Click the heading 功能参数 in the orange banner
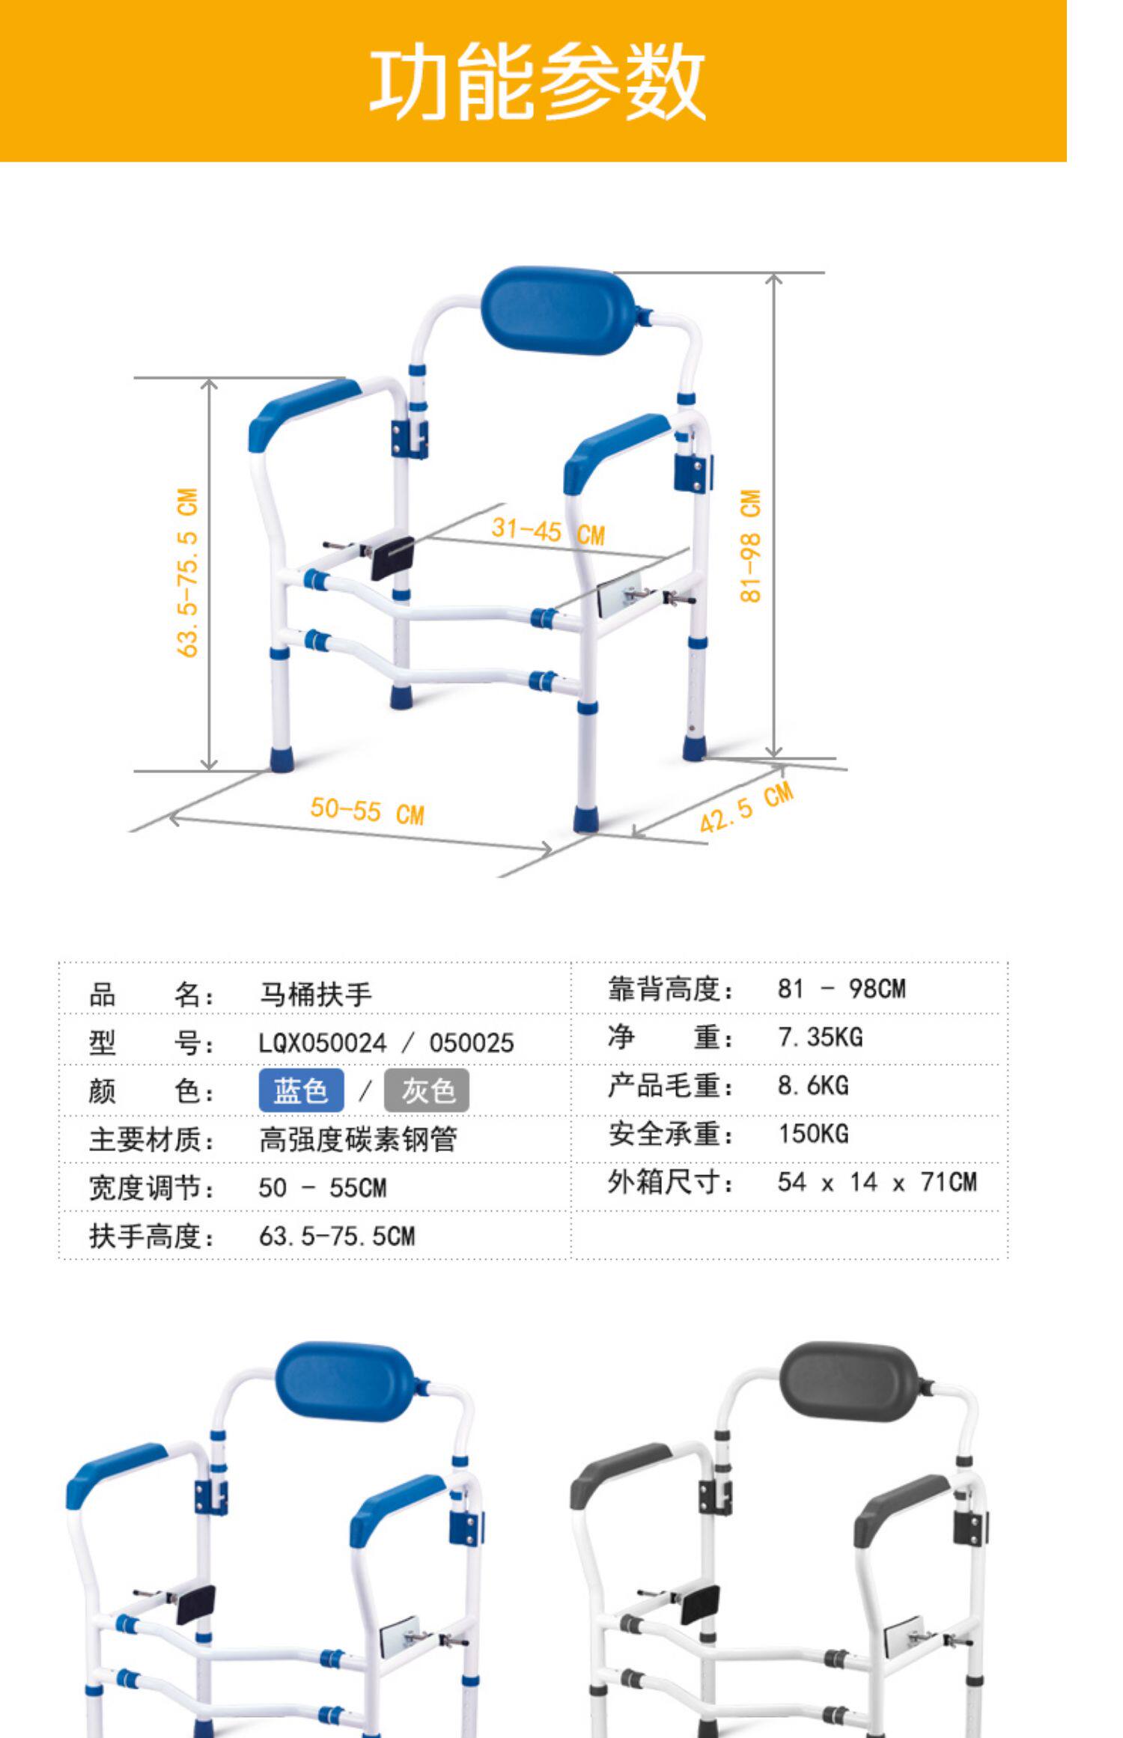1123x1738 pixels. (538, 81)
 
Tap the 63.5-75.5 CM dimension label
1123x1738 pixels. (188, 573)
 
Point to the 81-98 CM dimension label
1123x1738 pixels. (750, 546)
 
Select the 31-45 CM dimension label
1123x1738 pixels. (547, 531)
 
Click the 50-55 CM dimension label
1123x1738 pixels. (367, 811)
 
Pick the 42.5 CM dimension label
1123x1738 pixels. (746, 808)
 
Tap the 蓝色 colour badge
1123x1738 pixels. (301, 1091)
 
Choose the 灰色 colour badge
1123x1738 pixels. (427, 1091)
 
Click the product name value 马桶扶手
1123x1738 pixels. (315, 995)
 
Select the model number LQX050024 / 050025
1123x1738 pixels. (386, 1043)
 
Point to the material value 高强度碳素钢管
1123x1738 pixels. (357, 1139)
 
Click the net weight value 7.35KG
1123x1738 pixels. (820, 1037)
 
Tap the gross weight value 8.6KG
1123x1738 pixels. (813, 1085)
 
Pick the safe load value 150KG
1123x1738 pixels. (813, 1133)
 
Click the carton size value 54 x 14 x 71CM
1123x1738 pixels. (877, 1182)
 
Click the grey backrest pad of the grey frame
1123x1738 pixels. (849, 1384)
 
